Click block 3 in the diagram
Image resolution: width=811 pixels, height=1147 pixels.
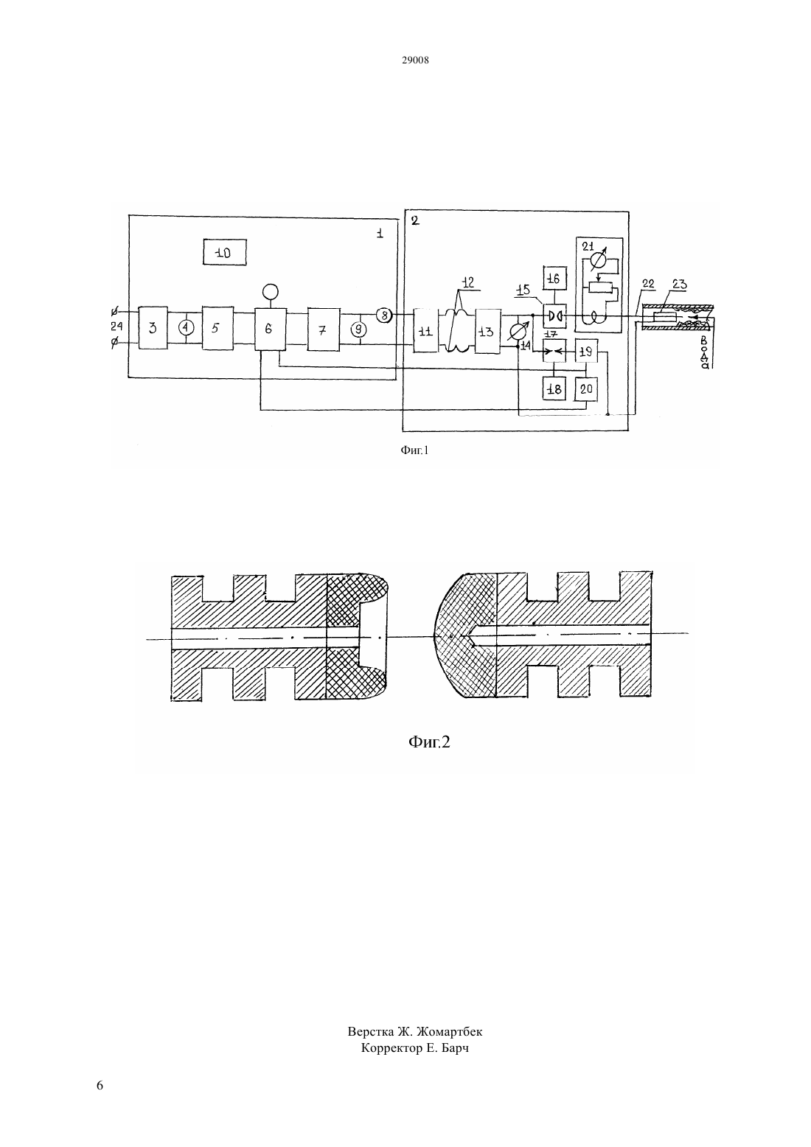click(153, 328)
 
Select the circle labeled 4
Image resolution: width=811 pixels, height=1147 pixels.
click(186, 328)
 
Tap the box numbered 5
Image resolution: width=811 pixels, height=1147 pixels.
click(217, 328)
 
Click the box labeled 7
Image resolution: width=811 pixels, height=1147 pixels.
click(324, 330)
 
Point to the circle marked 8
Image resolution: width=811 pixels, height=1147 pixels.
click(384, 315)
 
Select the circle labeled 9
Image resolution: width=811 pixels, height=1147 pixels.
click(359, 330)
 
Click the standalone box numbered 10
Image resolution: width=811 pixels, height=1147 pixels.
click(224, 252)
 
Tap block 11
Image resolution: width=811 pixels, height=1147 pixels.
click(425, 330)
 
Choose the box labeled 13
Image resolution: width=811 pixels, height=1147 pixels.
click(487, 331)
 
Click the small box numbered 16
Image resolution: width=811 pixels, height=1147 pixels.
click(554, 279)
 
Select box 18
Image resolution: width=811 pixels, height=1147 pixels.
click(554, 389)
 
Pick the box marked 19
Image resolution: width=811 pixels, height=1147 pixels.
click(585, 351)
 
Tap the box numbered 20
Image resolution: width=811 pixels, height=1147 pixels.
click(585, 389)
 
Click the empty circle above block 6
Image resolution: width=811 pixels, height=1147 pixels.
click(270, 292)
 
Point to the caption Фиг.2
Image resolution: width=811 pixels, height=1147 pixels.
click(429, 742)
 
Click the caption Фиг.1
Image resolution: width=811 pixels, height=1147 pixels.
click(414, 450)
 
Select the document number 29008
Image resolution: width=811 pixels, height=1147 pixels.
click(415, 60)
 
